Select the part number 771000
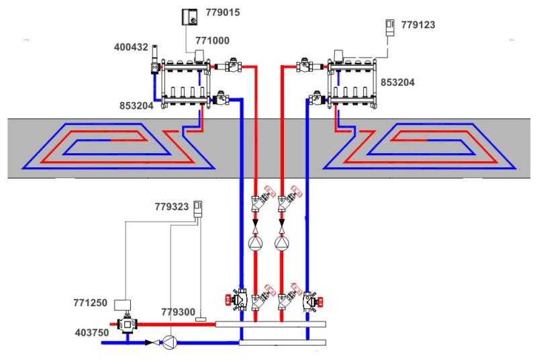(x=212, y=41)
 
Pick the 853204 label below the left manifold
(x=132, y=106)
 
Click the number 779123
(x=419, y=26)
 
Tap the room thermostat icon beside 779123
(x=388, y=27)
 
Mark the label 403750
(x=91, y=330)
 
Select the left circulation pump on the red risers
(x=256, y=242)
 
